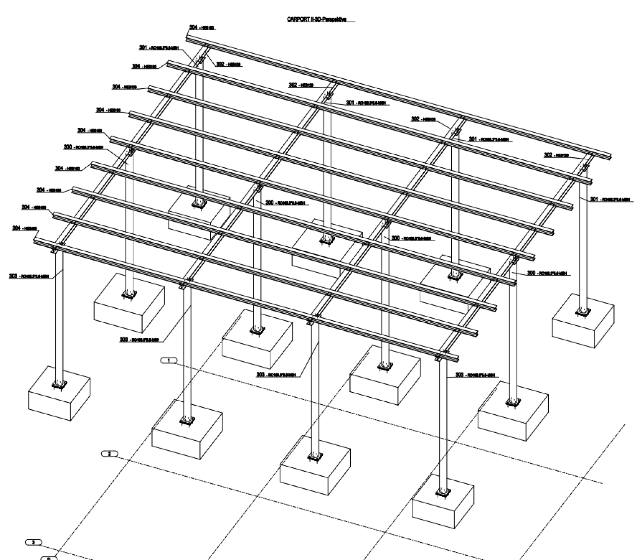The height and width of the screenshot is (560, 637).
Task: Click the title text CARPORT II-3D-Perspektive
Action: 317,20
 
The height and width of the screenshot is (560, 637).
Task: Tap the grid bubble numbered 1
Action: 169,360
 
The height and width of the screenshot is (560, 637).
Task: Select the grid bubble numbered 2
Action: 110,454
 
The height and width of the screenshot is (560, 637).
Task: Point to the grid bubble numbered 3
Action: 34,542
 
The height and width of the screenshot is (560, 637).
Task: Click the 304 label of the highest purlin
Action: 201,28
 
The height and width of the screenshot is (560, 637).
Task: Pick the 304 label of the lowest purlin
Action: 25,228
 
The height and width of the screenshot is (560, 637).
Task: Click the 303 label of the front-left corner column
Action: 29,276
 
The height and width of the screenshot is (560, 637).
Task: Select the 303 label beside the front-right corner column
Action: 475,375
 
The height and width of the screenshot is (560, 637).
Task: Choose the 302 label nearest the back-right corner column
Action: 556,155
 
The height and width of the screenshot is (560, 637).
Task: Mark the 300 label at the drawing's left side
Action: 83,147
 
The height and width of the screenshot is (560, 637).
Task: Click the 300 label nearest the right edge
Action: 547,273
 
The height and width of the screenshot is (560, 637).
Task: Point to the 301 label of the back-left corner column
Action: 159,48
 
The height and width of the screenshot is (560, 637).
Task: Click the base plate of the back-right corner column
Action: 583,311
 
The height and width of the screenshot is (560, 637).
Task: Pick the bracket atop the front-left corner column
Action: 54,250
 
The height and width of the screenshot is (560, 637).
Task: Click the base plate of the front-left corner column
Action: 59,384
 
